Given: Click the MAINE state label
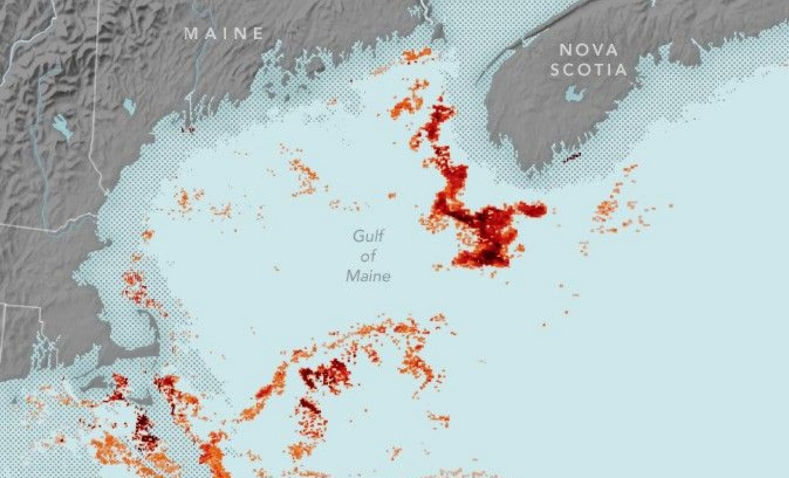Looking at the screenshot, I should tap(224, 33).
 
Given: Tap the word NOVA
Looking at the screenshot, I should tap(589, 50).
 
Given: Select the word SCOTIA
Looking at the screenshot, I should tap(589, 70).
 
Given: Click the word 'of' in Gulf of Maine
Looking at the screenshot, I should tap(368, 256).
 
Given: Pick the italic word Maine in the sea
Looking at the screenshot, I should tap(368, 276).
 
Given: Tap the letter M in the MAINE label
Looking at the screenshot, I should tap(191, 33).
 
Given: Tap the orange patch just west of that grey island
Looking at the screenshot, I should tap(417, 55).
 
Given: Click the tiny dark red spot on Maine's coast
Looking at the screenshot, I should tap(187, 129).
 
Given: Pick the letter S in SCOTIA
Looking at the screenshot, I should tap(555, 70).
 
